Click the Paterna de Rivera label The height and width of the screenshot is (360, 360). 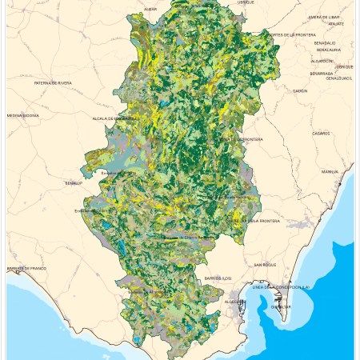click(53, 82)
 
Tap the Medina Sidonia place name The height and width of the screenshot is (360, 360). click(22, 115)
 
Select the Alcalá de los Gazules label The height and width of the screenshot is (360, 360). click(112, 118)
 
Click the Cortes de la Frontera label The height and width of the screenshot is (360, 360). click(293, 35)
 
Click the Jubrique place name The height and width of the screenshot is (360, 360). click(344, 66)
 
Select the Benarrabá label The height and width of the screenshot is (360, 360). click(322, 73)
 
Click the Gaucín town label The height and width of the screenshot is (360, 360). click(300, 91)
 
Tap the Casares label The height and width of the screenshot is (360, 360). click(322, 134)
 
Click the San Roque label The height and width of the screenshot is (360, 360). click(265, 264)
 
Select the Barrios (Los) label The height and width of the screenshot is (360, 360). click(217, 278)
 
